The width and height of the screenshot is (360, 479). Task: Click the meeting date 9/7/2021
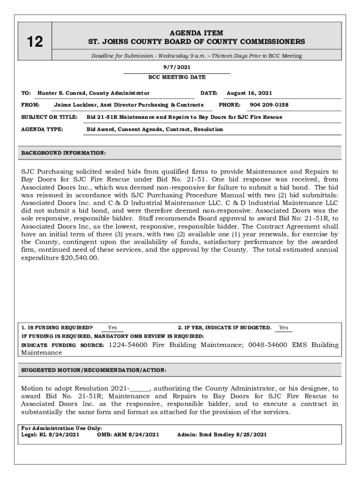(x=177, y=68)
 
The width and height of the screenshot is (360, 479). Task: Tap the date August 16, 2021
(x=249, y=93)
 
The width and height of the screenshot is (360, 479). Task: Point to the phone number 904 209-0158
(x=269, y=105)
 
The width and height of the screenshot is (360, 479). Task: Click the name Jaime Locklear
(x=75, y=105)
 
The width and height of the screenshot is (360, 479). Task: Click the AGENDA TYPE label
(x=42, y=129)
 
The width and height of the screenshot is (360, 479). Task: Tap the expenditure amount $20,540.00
(x=79, y=258)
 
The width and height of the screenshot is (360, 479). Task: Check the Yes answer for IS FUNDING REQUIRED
(x=112, y=328)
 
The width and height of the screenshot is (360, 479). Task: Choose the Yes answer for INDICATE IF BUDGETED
(x=283, y=328)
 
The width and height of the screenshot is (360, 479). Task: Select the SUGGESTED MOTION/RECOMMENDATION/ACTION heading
(x=94, y=370)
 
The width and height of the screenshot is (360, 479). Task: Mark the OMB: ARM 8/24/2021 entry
(x=128, y=435)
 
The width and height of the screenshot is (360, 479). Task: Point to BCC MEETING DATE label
(x=177, y=77)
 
